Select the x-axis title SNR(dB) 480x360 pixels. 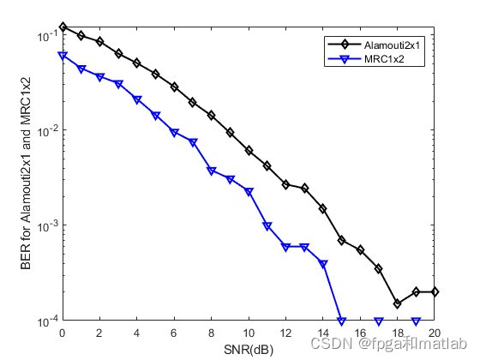tap(248, 350)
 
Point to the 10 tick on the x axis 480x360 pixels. tap(249, 333)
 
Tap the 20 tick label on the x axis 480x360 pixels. tap(435, 333)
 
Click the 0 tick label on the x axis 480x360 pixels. tap(63, 333)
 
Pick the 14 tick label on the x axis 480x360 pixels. tap(323, 333)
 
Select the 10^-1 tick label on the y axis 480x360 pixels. tap(47, 36)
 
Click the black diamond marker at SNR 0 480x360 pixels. tap(63, 27)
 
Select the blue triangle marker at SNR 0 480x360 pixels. tap(63, 56)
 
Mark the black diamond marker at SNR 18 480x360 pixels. tap(398, 303)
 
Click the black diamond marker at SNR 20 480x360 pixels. tap(435, 291)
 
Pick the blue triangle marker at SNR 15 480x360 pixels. tap(342, 321)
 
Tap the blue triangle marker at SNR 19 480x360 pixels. tap(417, 321)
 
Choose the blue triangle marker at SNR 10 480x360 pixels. tap(249, 192)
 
